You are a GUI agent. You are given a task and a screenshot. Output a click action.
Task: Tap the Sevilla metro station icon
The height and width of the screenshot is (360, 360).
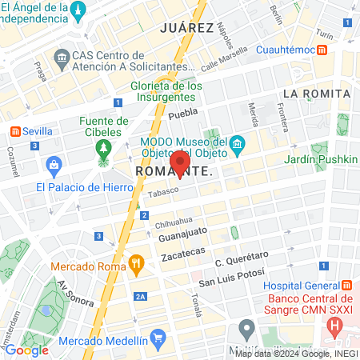pyautogui.click(x=16, y=131)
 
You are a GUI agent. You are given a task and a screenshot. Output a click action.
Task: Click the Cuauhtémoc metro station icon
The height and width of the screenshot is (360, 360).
pyautogui.click(x=322, y=50)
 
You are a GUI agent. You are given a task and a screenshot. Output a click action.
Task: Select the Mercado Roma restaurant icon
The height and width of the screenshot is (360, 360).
pyautogui.click(x=137, y=263)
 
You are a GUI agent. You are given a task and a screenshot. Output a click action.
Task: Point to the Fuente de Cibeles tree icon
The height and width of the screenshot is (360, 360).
pyautogui.click(x=102, y=148)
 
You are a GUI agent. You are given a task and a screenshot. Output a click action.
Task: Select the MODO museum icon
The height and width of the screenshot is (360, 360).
pyautogui.click(x=237, y=144)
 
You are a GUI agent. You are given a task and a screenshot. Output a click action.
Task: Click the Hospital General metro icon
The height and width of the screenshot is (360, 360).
pyautogui.click(x=347, y=286)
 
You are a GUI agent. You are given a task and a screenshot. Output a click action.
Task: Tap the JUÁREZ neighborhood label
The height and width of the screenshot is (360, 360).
pyautogui.click(x=187, y=26)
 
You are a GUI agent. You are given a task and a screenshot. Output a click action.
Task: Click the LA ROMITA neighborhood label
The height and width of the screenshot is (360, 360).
pyautogui.click(x=317, y=94)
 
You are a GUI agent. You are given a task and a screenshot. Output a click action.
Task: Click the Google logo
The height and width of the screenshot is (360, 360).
pyautogui.click(x=26, y=349)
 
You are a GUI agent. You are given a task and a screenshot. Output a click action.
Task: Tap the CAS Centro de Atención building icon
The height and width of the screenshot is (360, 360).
pyautogui.click(x=62, y=58)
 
